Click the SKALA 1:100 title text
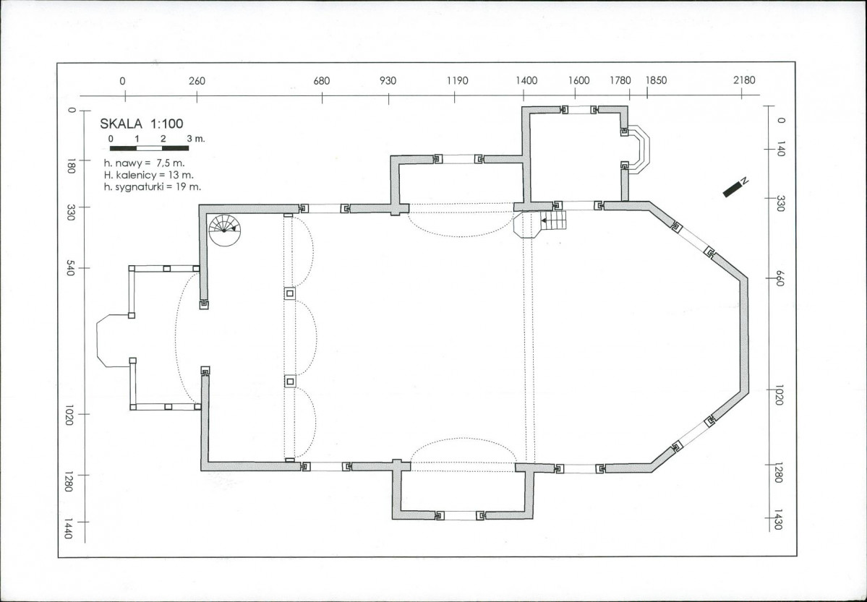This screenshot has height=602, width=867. click(141, 124)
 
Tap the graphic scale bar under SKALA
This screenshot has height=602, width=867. click(149, 147)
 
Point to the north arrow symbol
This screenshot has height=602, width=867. click(735, 187)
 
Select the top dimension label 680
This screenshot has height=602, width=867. click(321, 81)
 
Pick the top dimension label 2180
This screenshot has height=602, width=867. click(743, 80)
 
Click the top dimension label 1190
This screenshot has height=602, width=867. click(457, 81)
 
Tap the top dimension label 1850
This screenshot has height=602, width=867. click(656, 80)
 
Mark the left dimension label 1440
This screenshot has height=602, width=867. click(68, 528)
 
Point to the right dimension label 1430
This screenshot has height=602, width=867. click(779, 520)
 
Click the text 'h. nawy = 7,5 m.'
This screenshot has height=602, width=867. click(145, 163)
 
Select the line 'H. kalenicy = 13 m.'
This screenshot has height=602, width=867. click(149, 175)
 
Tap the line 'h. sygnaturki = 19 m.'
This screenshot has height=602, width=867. click(153, 187)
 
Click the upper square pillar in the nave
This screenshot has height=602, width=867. click(290, 293)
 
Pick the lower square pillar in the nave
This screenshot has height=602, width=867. click(290, 381)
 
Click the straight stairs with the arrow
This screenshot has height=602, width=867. click(553, 220)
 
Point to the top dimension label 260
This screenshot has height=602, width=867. click(197, 81)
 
